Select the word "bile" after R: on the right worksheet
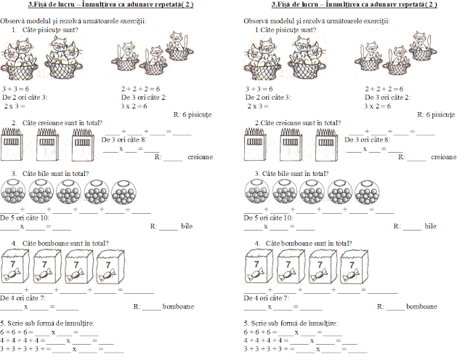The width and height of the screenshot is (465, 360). pos(431,226)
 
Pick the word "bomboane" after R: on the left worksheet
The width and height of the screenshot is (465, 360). pos(177,307)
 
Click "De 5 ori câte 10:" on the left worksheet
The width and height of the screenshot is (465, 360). pos(25,217)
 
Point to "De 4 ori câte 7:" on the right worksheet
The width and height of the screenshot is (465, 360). pos(267,298)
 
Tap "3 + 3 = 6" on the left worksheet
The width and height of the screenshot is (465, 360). pos(15,88)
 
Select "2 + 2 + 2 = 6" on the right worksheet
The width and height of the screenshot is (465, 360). pos(382,88)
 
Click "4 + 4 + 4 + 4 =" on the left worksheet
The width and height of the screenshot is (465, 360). pos(22,340)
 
